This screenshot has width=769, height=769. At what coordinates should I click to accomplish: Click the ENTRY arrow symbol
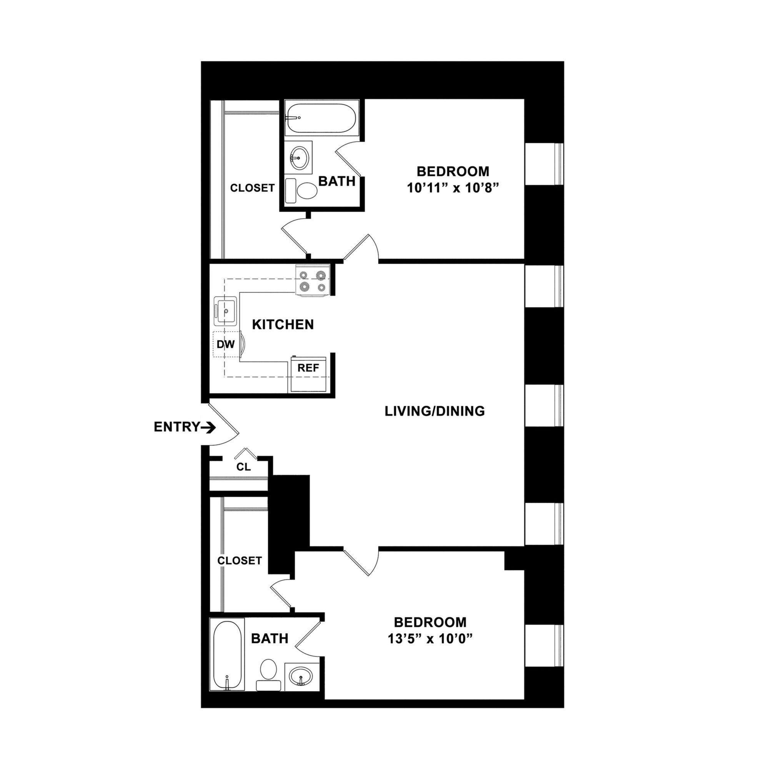pos(208,428)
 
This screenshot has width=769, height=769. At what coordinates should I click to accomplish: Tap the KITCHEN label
pos(283,325)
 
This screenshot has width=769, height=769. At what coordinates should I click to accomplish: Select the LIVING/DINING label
pos(434,411)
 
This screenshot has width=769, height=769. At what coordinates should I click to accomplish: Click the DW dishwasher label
pos(226,344)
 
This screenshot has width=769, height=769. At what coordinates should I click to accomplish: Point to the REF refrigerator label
pos(308,368)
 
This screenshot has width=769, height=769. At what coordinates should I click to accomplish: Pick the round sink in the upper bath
pos(298,158)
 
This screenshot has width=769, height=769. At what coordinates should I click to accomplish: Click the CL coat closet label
pos(244,467)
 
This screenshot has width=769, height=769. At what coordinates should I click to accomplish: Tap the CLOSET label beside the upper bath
pos(252,188)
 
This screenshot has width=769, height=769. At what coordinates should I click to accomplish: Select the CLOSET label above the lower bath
pos(239,561)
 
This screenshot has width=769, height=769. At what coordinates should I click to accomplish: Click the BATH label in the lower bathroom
pos(270,638)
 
